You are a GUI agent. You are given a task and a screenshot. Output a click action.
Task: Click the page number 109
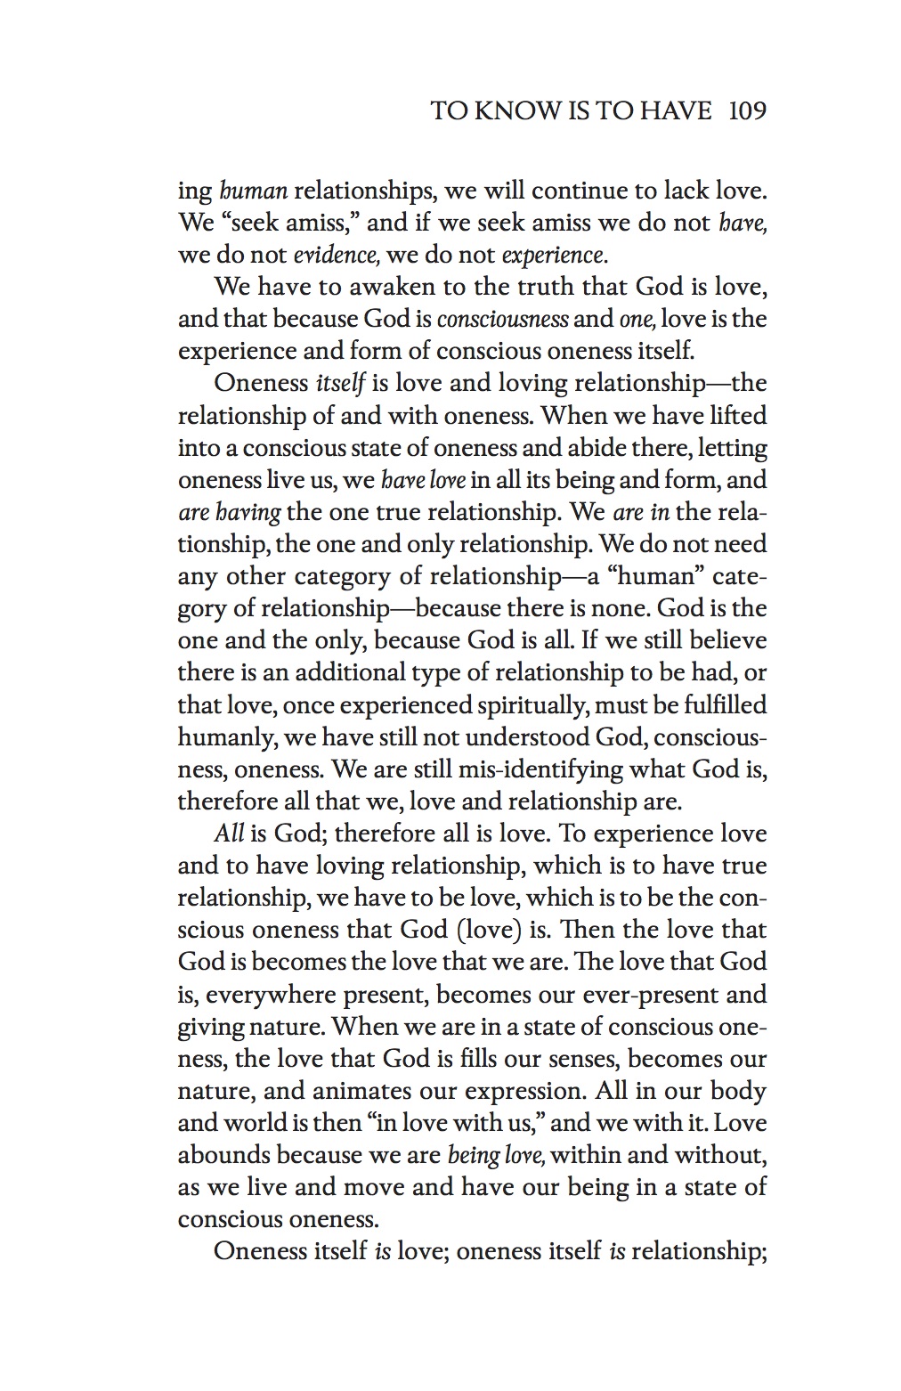747,111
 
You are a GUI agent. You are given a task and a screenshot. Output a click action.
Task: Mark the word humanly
220,737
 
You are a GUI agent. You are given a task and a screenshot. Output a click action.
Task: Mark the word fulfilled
722,704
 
